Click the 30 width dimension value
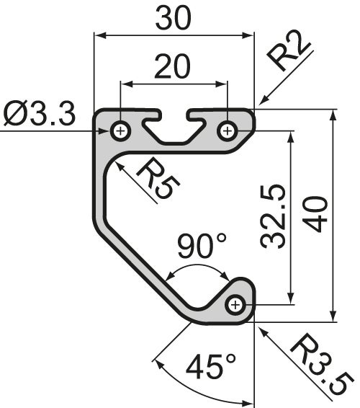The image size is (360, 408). click(x=174, y=17)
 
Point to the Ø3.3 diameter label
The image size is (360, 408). click(x=39, y=115)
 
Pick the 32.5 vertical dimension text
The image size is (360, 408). click(x=274, y=216)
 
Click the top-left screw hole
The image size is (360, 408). click(x=120, y=130)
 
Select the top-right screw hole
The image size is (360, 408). click(x=228, y=130)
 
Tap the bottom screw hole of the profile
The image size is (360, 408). click(x=235, y=306)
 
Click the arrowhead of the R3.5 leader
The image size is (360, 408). click(x=258, y=327)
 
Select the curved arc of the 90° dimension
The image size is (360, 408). click(x=197, y=266)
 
